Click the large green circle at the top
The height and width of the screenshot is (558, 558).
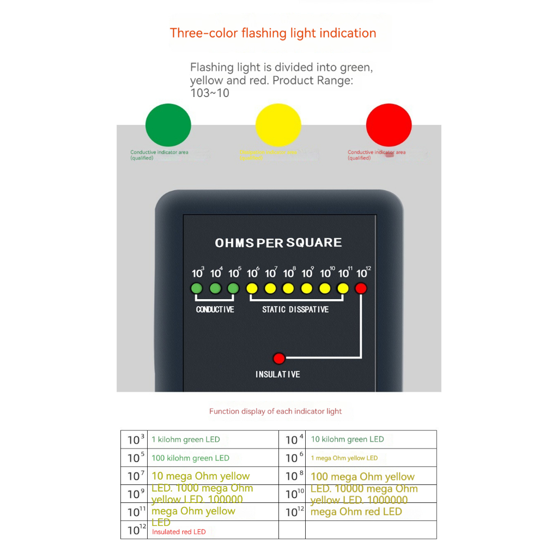[168, 125]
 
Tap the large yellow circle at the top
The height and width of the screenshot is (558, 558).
[278, 125]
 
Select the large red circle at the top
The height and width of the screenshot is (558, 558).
[389, 125]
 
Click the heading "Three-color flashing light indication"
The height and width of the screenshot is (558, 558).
[273, 33]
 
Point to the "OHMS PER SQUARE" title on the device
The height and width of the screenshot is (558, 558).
[278, 243]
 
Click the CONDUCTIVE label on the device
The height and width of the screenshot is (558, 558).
[215, 310]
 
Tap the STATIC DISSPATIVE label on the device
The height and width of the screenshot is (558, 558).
[295, 310]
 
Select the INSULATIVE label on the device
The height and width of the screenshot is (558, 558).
[278, 374]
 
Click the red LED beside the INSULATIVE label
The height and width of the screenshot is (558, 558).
[279, 359]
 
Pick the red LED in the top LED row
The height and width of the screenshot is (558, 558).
[361, 288]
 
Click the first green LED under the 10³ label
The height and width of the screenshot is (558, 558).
[197, 288]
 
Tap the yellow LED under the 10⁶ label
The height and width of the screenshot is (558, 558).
[252, 288]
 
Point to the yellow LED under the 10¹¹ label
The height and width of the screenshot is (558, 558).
[343, 288]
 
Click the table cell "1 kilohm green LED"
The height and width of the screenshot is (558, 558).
[186, 440]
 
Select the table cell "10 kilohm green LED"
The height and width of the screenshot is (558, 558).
[347, 439]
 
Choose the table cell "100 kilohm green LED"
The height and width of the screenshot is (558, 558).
[190, 458]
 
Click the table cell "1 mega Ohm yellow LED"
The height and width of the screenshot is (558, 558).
[344, 458]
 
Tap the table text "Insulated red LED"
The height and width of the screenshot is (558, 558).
[179, 532]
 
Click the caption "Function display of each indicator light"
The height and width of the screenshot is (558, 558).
[275, 411]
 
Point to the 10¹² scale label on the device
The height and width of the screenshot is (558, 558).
[363, 272]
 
